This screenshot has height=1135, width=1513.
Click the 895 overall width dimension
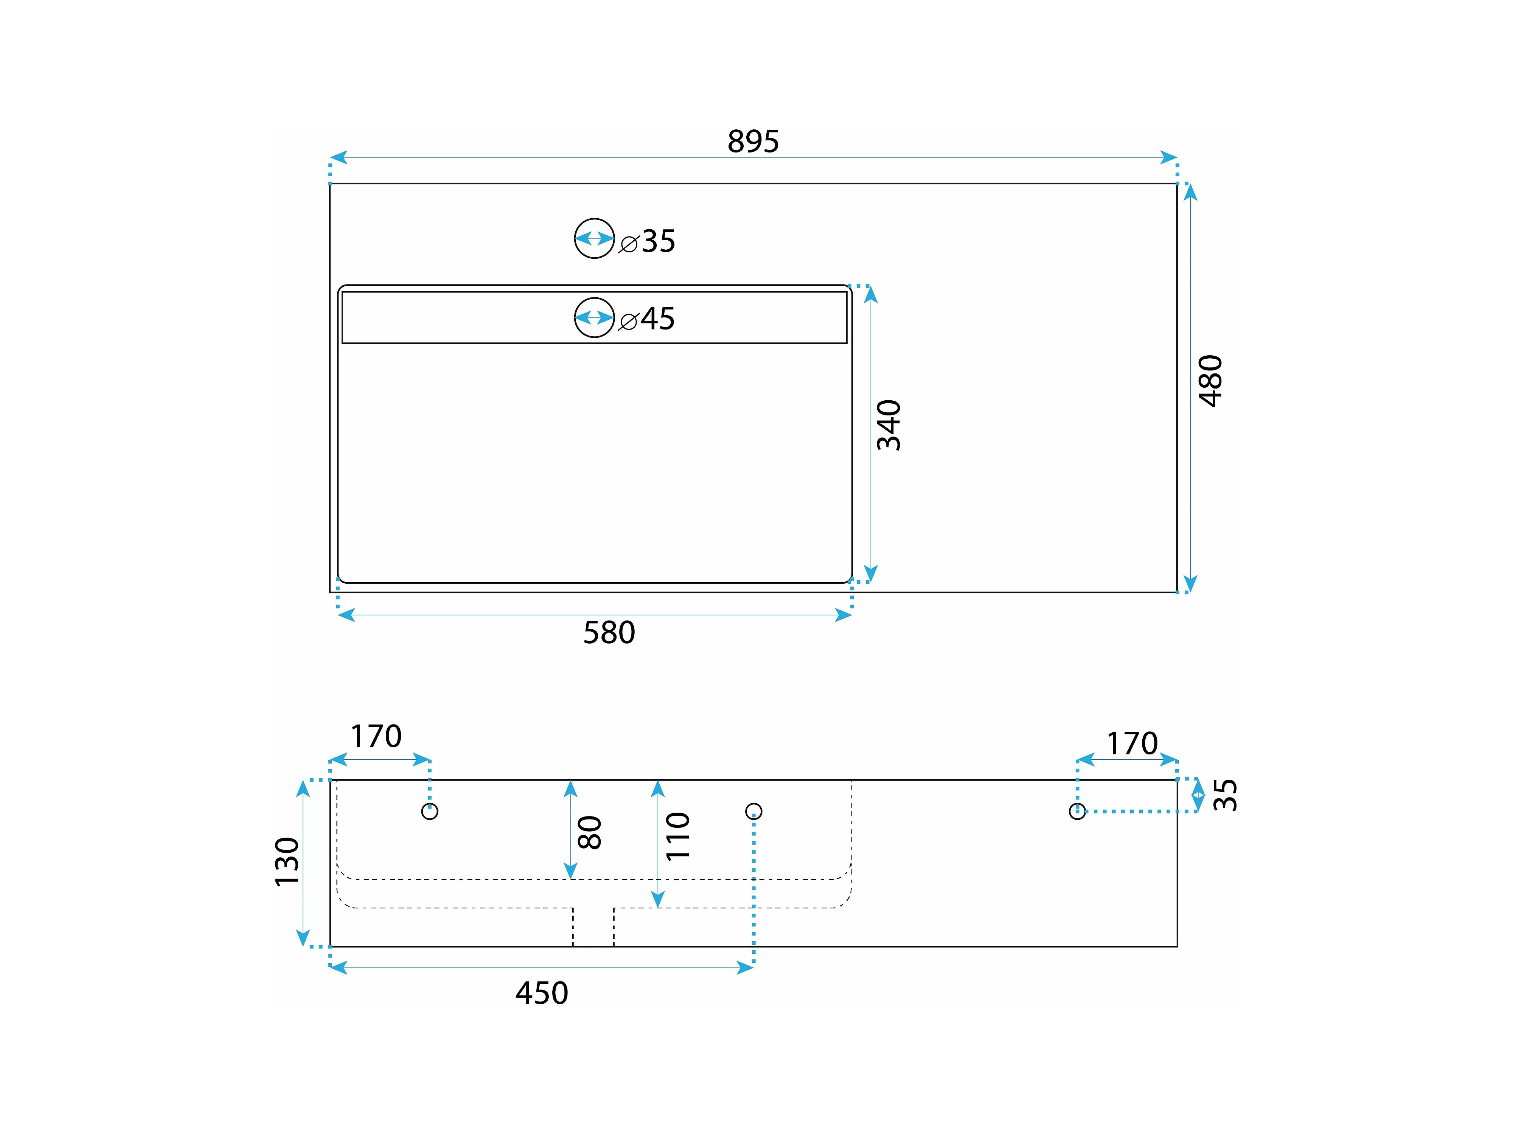pyautogui.click(x=753, y=141)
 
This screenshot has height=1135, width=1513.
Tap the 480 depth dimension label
pyautogui.click(x=1211, y=381)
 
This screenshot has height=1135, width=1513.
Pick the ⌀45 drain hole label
pyautogui.click(x=648, y=319)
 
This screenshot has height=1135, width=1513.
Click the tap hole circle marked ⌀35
pyautogui.click(x=594, y=238)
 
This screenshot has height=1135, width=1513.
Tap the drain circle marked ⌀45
pyautogui.click(x=594, y=317)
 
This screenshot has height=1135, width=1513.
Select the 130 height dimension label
pyautogui.click(x=287, y=862)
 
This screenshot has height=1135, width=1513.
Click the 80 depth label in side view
pyautogui.click(x=590, y=833)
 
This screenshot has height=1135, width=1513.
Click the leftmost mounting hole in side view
pyautogui.click(x=430, y=812)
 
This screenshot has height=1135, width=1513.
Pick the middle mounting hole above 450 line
pyautogui.click(x=753, y=812)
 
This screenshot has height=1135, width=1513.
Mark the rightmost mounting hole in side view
pyautogui.click(x=1077, y=812)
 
